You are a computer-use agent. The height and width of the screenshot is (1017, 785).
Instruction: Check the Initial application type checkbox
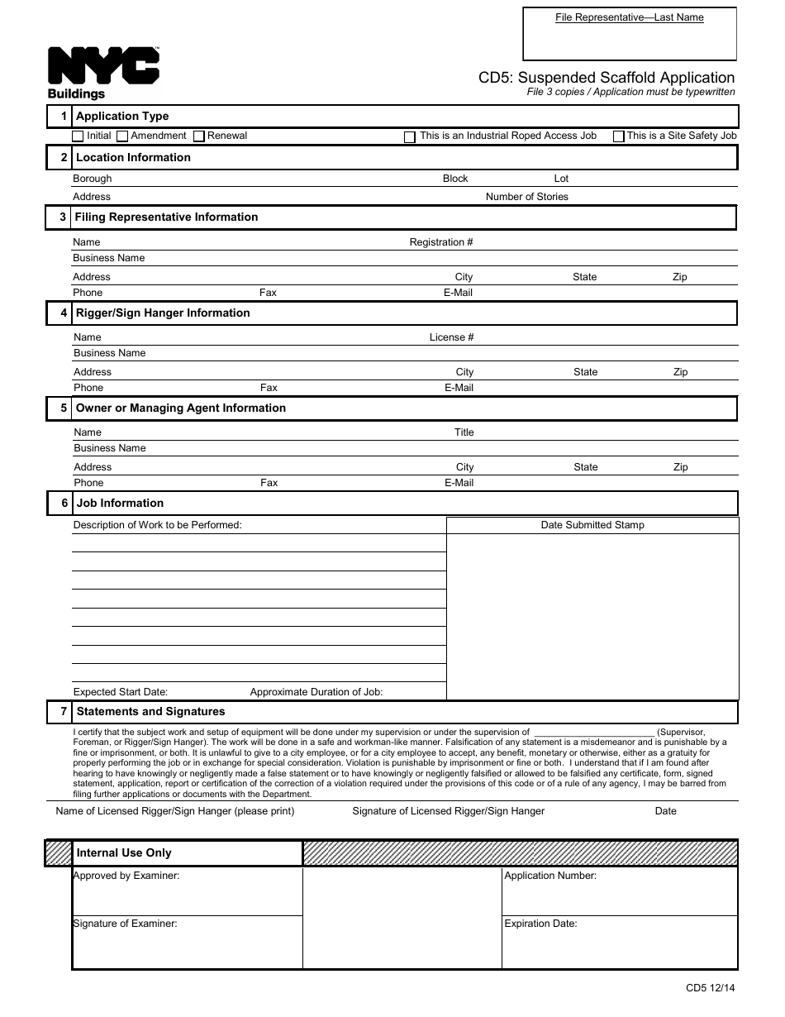click(x=78, y=136)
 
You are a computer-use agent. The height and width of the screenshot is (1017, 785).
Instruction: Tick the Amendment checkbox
click(x=122, y=136)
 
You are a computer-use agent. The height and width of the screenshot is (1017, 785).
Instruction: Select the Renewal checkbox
click(x=199, y=136)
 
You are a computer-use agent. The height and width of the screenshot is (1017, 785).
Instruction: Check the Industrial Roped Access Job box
click(x=410, y=137)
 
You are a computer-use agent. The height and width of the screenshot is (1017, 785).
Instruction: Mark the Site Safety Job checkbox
click(x=618, y=137)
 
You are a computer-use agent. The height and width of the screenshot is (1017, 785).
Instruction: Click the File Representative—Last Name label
click(x=629, y=17)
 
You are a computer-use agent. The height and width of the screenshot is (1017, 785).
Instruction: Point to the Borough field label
click(x=92, y=179)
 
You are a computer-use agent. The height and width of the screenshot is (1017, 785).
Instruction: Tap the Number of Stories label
click(x=526, y=197)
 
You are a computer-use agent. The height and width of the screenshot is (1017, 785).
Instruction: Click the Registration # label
click(x=441, y=242)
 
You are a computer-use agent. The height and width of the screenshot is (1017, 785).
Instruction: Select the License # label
click(x=451, y=337)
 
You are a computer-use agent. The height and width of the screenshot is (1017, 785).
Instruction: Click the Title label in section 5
click(x=464, y=432)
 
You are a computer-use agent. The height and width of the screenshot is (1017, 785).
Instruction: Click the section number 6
click(x=64, y=503)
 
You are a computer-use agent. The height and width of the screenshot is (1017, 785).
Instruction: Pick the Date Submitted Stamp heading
click(x=592, y=525)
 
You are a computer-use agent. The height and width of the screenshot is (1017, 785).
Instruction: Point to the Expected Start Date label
click(x=121, y=692)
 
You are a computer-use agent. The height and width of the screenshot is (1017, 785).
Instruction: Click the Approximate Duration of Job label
click(x=316, y=692)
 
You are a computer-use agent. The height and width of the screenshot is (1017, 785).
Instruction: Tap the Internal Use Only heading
click(x=124, y=852)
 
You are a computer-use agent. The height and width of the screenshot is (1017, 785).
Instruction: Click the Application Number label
click(x=550, y=876)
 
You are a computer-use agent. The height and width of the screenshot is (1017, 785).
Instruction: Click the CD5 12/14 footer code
click(x=710, y=987)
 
